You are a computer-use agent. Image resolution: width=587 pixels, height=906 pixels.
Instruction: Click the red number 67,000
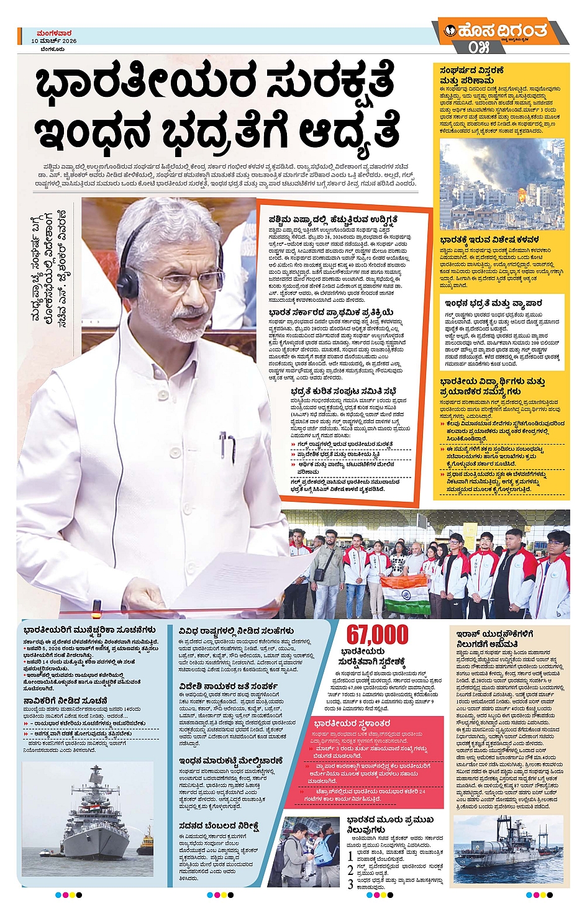coord(377,635)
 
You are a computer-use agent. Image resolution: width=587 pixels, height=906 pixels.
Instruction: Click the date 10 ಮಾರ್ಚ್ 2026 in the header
coord(54,41)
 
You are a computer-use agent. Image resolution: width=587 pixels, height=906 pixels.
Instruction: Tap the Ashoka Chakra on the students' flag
coord(406,591)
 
